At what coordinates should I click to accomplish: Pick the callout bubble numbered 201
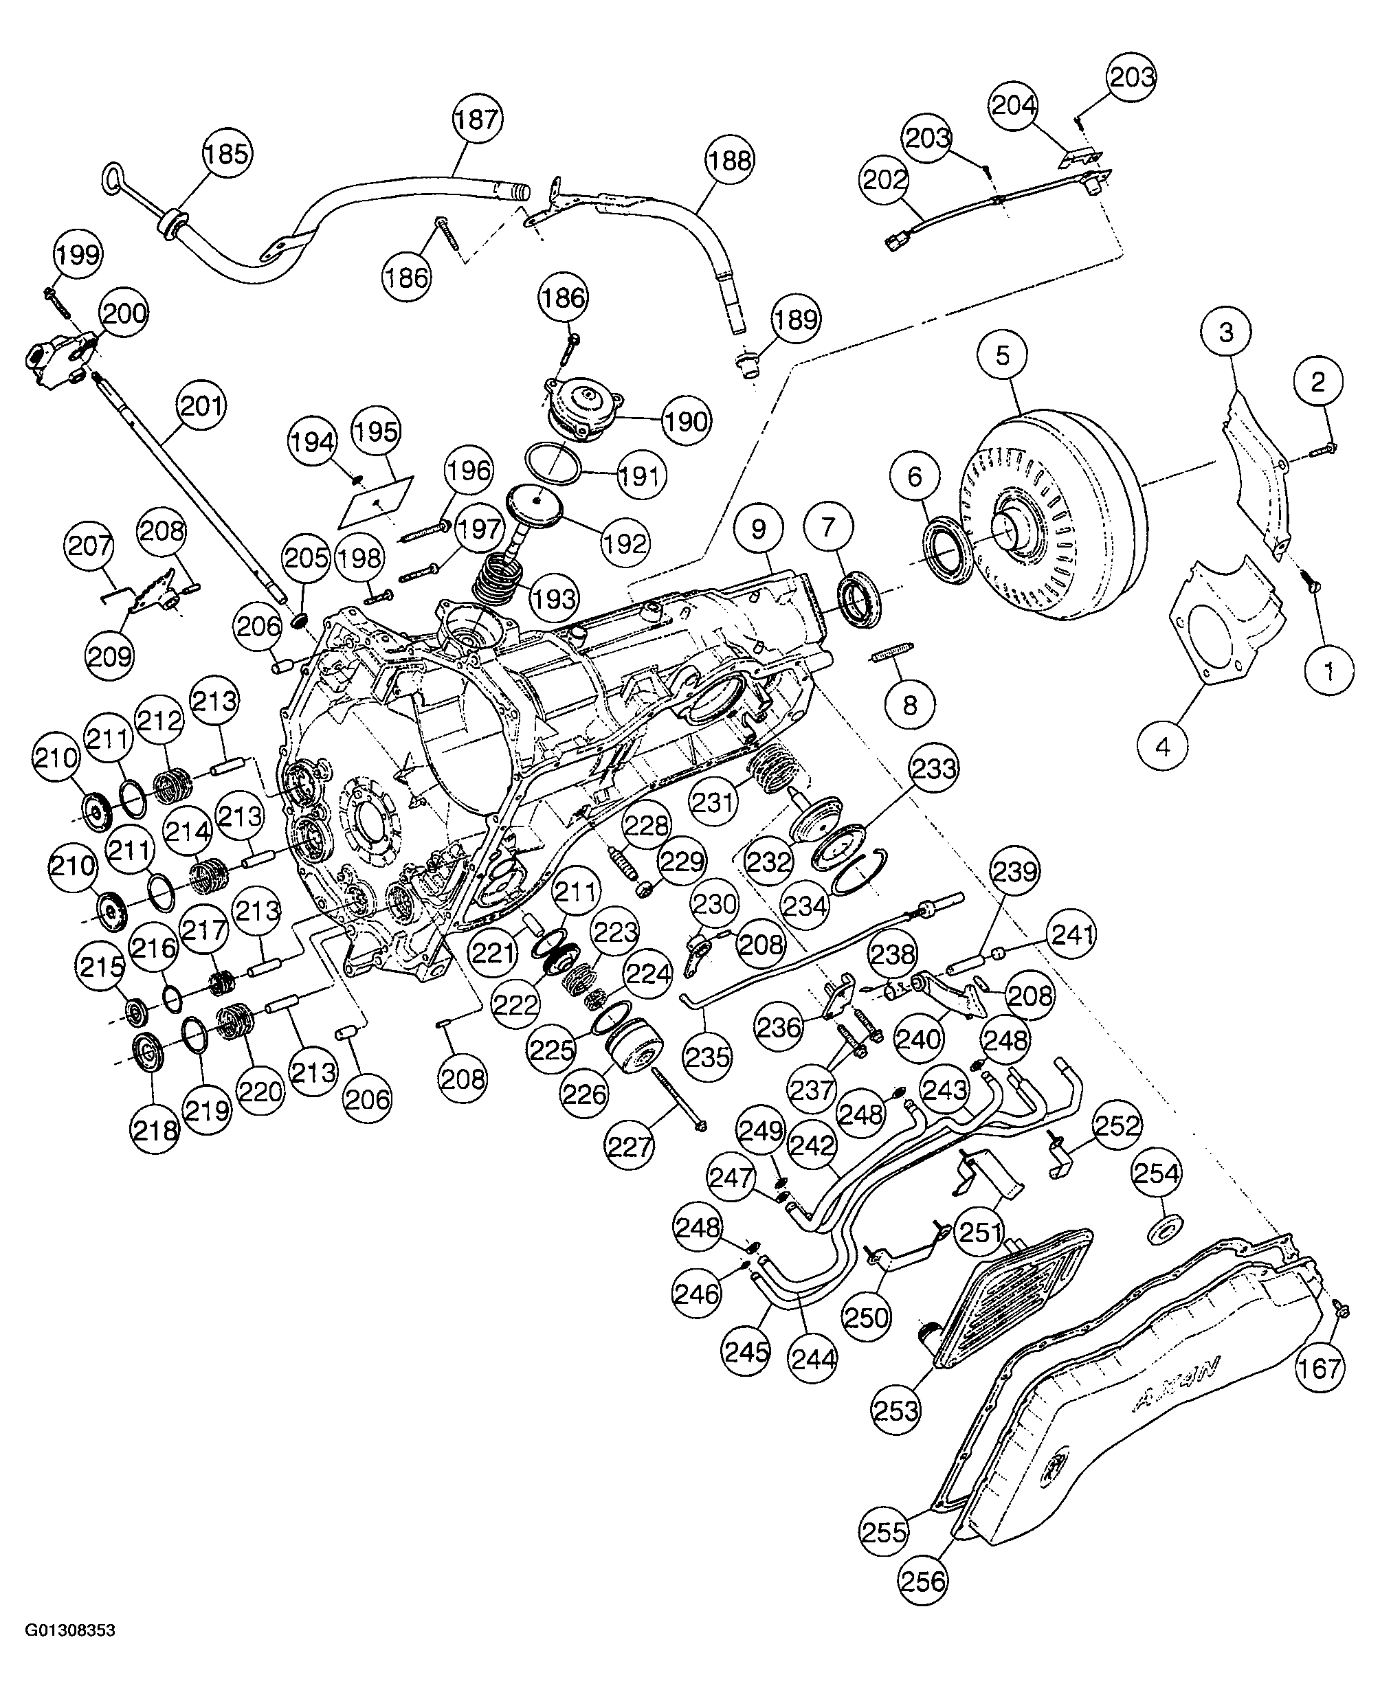[199, 406]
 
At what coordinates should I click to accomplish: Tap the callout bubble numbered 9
[757, 529]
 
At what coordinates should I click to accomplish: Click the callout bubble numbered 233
[933, 769]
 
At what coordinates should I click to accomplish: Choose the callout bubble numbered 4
[1163, 746]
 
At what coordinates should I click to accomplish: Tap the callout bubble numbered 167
[1320, 1368]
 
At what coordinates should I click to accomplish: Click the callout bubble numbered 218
[155, 1130]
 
